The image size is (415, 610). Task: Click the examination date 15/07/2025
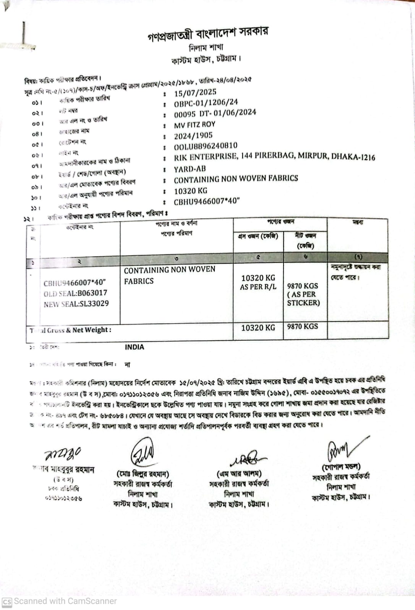click(x=195, y=92)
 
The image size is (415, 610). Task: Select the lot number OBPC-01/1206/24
click(x=206, y=103)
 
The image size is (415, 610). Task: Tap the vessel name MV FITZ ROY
click(x=195, y=125)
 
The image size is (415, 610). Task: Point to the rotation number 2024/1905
click(x=193, y=136)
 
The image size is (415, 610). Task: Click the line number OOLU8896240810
click(x=206, y=146)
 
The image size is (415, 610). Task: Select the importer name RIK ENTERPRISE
click(x=205, y=157)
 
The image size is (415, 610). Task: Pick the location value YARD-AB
click(x=190, y=169)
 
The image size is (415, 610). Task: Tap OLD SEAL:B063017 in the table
click(x=75, y=293)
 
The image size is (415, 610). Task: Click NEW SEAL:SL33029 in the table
click(x=76, y=304)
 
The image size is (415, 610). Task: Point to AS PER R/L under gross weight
click(x=258, y=287)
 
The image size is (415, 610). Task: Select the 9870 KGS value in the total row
click(x=302, y=327)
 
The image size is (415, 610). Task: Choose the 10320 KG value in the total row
click(x=258, y=328)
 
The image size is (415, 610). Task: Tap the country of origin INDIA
click(x=135, y=347)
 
